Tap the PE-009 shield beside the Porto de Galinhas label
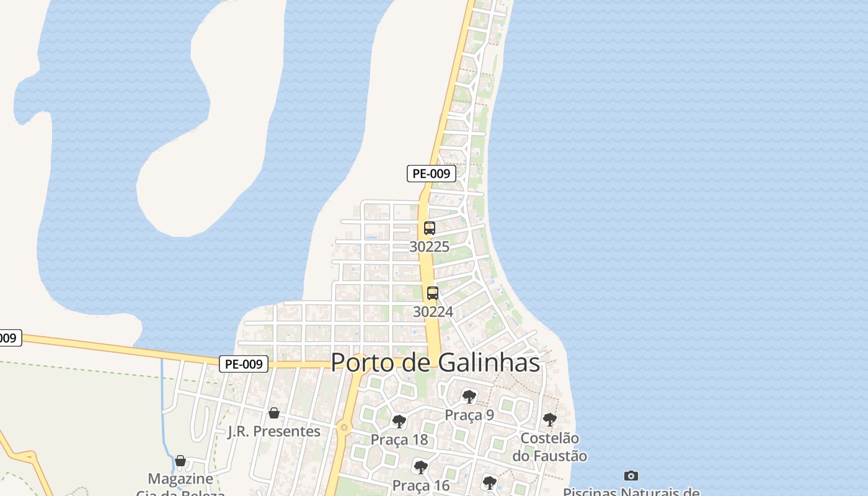pyautogui.click(x=244, y=364)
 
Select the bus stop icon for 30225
pyautogui.click(x=430, y=228)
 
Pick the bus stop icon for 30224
pyautogui.click(x=433, y=293)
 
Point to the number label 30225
pyautogui.click(x=430, y=247)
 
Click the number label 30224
pyautogui.click(x=433, y=312)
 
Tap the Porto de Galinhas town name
pyautogui.click(x=435, y=363)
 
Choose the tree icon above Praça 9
pyautogui.click(x=469, y=396)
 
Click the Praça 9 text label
pyautogui.click(x=469, y=415)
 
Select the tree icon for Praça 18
pyautogui.click(x=399, y=422)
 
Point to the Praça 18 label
pyautogui.click(x=399, y=440)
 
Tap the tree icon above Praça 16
pyautogui.click(x=421, y=467)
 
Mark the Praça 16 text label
pyautogui.click(x=421, y=485)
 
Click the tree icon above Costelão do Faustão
pyautogui.click(x=550, y=420)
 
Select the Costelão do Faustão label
pyautogui.click(x=549, y=447)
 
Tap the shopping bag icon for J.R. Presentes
pyautogui.click(x=274, y=413)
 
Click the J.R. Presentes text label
pyautogui.click(x=274, y=431)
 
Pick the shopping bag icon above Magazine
pyautogui.click(x=180, y=461)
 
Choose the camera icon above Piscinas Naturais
pyautogui.click(x=631, y=476)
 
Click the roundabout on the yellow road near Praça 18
pyautogui.click(x=344, y=427)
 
